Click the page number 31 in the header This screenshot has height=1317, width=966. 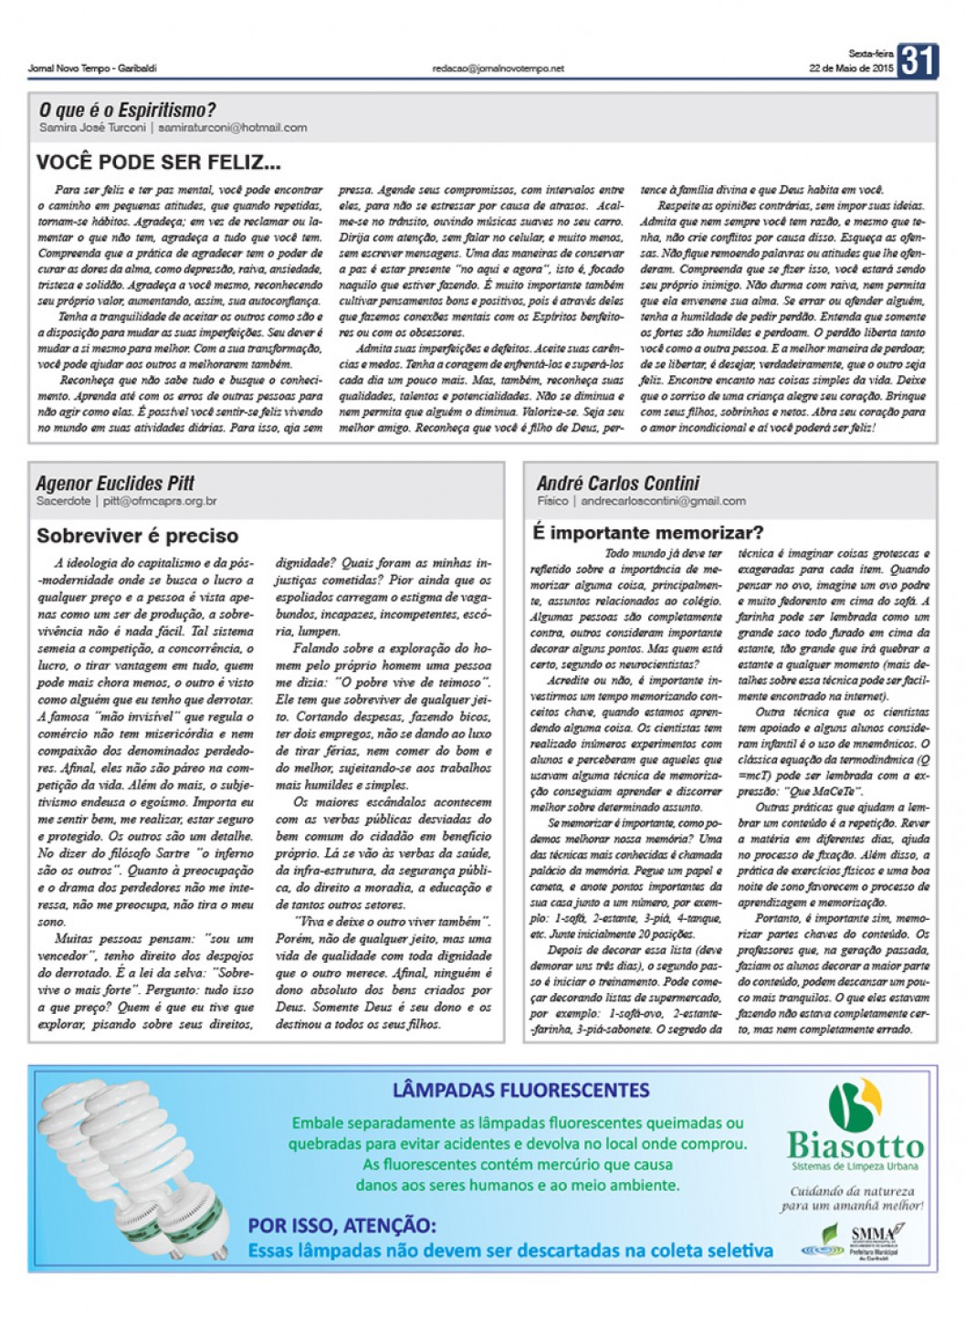click(x=918, y=62)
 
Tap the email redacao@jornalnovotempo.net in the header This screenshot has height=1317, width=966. click(x=499, y=68)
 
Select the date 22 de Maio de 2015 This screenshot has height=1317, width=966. click(x=851, y=68)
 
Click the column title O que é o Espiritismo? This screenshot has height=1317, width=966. click(x=128, y=110)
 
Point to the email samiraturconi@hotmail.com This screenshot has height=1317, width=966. click(x=232, y=128)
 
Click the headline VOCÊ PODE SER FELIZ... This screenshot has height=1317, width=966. click(x=158, y=163)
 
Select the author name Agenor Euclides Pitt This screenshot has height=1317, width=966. click(x=115, y=483)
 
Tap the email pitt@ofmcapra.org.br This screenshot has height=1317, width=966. click(x=160, y=501)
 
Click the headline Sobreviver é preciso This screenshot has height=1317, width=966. click(x=137, y=536)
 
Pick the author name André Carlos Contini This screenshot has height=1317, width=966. click(x=618, y=483)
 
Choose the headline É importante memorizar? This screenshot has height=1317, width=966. click(x=648, y=532)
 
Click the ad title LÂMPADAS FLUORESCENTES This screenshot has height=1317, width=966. click(x=520, y=1090)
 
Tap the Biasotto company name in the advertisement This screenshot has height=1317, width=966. click(x=856, y=1145)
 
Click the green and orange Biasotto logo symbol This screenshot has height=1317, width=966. click(x=855, y=1104)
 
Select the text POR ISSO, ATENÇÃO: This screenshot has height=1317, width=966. click(x=341, y=1226)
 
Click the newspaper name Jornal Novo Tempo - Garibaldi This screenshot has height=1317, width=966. click(x=92, y=68)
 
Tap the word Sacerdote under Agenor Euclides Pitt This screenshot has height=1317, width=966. click(x=63, y=501)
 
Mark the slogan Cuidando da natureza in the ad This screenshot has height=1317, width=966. click(x=852, y=1191)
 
